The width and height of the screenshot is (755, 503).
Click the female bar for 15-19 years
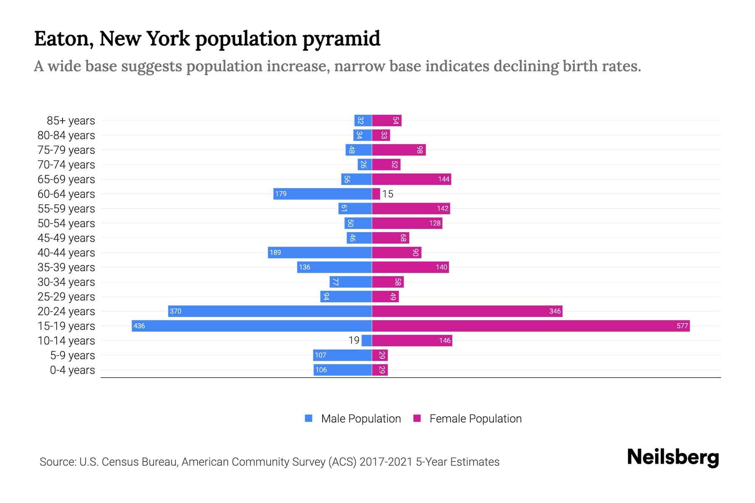pos(531,326)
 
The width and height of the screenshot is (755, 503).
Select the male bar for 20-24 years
pos(270,311)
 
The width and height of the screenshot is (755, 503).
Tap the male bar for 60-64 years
pos(323,194)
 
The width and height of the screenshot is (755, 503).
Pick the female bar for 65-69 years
pos(411,179)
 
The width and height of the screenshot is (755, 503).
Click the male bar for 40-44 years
pos(320,252)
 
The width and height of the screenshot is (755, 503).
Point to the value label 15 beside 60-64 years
pos(388,194)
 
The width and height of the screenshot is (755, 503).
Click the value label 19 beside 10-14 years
pos(354,340)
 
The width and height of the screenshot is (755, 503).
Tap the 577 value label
pos(682,326)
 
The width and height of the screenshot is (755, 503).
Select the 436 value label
pos(139,326)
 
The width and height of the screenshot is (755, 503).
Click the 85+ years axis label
pos(70,121)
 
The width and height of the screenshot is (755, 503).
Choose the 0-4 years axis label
pos(72,370)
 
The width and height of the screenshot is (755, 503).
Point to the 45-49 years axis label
pos(66,238)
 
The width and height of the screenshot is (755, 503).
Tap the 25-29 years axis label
pos(66,297)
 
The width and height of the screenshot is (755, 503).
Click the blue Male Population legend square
pos(309,418)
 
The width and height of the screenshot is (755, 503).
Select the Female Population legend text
pos(475,418)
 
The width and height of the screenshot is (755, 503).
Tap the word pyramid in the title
pos(341,39)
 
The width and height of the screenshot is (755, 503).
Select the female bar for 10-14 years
pos(412,340)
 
